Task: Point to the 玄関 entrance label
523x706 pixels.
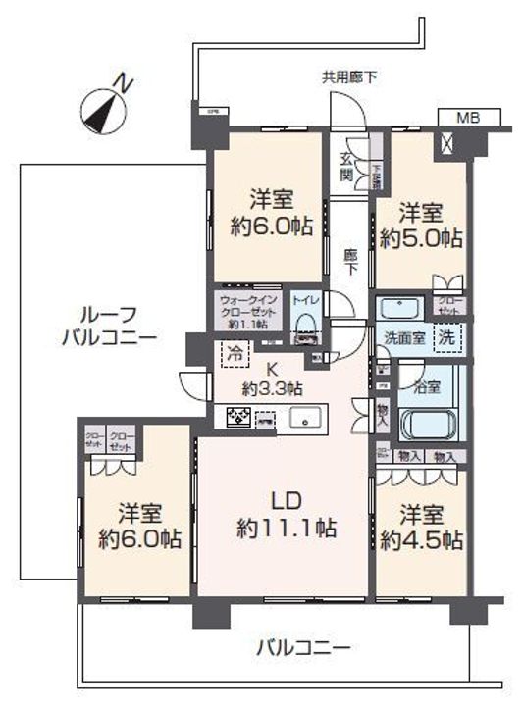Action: (x=345, y=167)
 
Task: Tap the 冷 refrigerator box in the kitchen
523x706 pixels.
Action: (x=235, y=350)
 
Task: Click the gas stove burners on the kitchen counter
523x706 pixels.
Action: (x=237, y=417)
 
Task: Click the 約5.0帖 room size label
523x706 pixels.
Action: (x=423, y=237)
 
